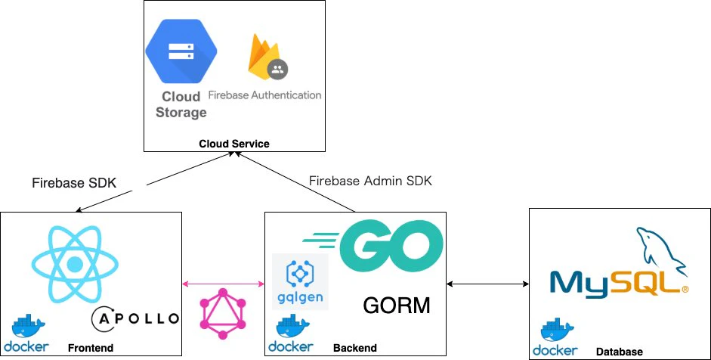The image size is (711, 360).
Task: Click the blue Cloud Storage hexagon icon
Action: click(181, 51)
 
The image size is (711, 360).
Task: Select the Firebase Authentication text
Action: click(264, 95)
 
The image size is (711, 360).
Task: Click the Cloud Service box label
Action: click(234, 144)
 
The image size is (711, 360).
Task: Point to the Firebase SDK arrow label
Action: click(74, 183)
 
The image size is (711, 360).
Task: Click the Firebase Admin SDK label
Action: click(370, 181)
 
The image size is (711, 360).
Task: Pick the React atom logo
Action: click(75, 264)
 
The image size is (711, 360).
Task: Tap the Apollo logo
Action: click(135, 318)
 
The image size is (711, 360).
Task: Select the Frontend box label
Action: click(90, 348)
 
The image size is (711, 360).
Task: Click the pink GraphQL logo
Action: click(223, 314)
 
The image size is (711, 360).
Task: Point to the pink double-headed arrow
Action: click(223, 284)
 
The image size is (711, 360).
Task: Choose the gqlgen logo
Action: click(300, 281)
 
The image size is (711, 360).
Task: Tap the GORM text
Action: click(397, 306)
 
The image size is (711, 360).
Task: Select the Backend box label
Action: click(354, 348)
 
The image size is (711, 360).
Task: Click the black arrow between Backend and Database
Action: click(487, 284)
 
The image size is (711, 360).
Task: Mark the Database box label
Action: click(619, 352)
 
